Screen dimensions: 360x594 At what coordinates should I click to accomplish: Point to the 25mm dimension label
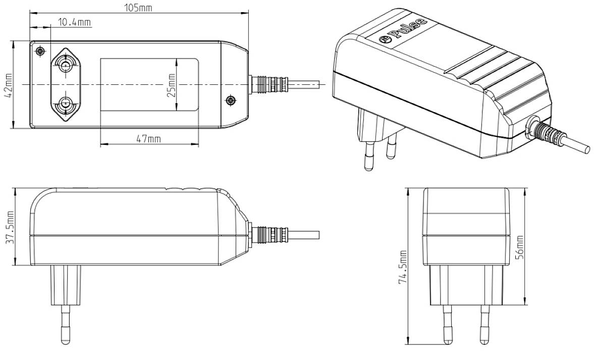coord(171,85)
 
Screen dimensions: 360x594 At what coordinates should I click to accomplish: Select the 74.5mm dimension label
coord(402,267)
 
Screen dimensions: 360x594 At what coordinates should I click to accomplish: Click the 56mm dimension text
coord(520,247)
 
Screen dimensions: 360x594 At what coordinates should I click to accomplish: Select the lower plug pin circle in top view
coord(64,105)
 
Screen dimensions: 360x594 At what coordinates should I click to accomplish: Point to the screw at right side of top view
coord(231,100)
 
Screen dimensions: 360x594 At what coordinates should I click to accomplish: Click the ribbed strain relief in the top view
coord(270,84)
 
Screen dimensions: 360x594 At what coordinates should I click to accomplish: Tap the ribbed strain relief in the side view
coord(270,235)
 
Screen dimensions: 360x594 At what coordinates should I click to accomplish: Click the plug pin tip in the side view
coord(66,338)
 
